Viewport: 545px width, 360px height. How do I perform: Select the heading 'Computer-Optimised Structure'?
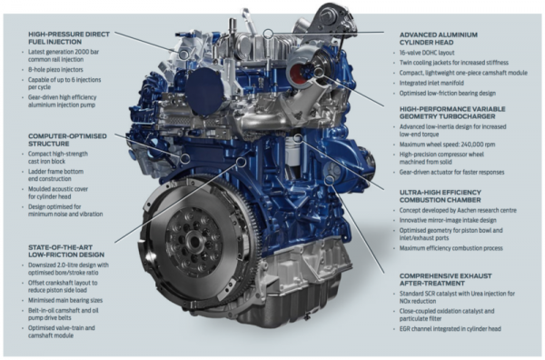click(x=58, y=141)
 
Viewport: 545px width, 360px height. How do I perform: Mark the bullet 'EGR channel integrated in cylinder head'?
click(x=467, y=328)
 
